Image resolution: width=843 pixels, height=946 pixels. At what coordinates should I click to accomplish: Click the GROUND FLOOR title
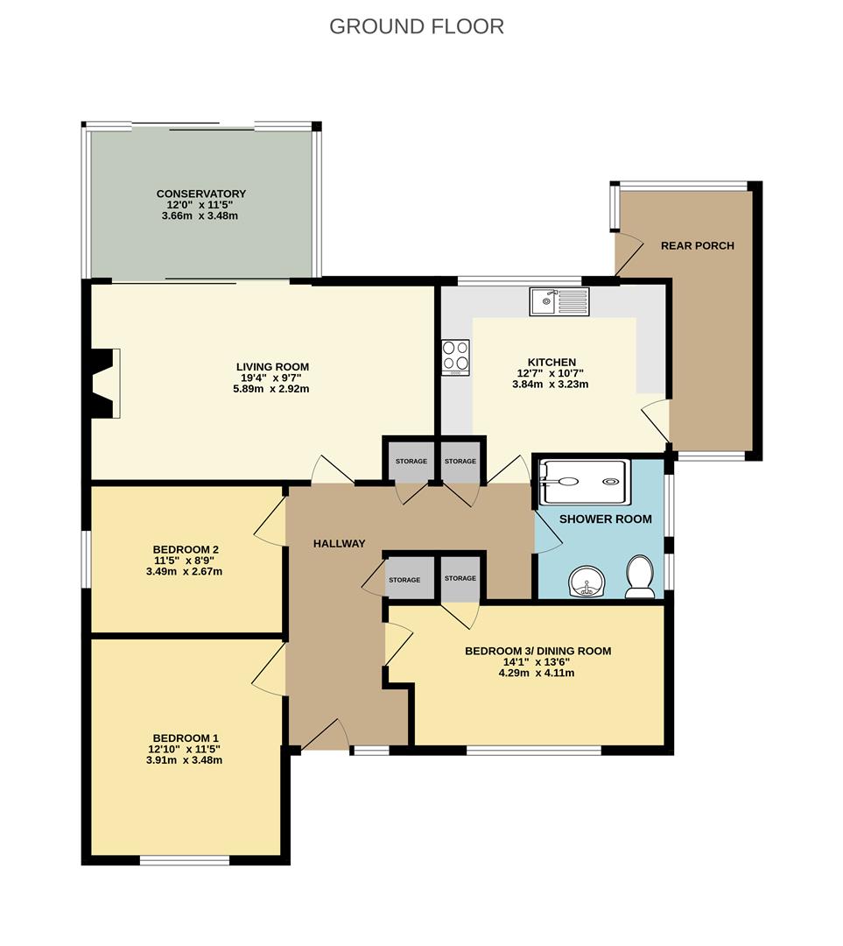tap(417, 26)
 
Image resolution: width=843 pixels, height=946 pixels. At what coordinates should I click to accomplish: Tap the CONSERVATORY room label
tap(201, 194)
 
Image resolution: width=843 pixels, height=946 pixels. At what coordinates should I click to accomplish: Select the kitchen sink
tap(559, 301)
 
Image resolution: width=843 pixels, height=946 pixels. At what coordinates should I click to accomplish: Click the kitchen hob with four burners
tap(455, 357)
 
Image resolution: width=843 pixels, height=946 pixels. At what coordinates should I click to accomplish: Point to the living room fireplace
tap(102, 383)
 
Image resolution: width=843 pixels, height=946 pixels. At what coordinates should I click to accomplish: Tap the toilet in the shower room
tap(640, 576)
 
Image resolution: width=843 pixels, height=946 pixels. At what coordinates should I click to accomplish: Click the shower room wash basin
tap(587, 581)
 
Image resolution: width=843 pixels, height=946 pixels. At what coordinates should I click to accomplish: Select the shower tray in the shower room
tap(584, 482)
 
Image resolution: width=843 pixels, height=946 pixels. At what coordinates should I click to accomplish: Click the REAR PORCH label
tap(698, 245)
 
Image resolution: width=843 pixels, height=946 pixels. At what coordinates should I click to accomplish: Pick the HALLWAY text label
tap(340, 544)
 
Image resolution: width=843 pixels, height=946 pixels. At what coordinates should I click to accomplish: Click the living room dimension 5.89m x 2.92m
tap(271, 389)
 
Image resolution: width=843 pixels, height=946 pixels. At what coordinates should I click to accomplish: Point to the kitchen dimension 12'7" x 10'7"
tap(551, 373)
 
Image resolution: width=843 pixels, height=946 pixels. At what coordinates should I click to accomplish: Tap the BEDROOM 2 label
tap(186, 549)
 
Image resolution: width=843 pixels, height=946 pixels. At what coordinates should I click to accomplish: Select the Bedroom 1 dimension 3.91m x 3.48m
tap(185, 760)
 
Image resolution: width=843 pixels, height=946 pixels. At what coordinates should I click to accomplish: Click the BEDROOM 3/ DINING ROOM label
tap(537, 651)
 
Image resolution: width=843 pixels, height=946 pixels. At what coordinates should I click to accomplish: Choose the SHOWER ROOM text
tap(606, 519)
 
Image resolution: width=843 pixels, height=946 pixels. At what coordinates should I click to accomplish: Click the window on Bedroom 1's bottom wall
tap(185, 860)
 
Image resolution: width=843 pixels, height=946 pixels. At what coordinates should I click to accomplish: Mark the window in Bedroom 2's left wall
tap(86, 559)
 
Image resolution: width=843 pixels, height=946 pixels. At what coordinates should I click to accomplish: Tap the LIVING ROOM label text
tap(272, 367)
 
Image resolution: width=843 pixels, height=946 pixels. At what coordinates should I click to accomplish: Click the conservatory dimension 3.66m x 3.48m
tap(200, 216)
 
